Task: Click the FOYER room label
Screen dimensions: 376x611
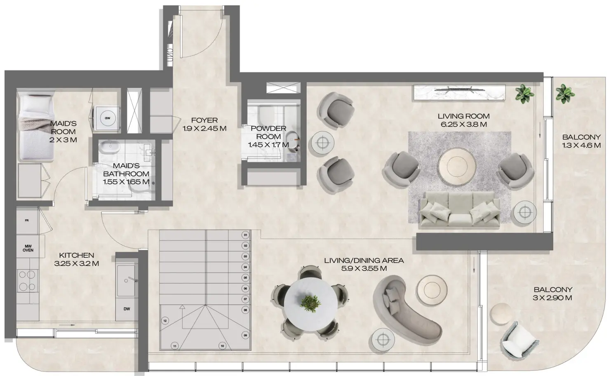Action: (204, 124)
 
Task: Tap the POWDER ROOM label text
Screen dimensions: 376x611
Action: (268, 136)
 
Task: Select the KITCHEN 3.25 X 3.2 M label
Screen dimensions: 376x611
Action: (76, 259)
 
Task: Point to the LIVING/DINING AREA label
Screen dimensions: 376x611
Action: (364, 264)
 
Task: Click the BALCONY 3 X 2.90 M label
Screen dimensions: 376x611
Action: (552, 294)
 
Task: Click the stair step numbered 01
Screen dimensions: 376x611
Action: (245, 235)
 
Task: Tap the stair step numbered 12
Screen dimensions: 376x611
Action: (165, 320)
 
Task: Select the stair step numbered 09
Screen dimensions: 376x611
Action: (245, 336)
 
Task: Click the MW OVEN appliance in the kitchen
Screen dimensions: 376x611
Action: (28, 248)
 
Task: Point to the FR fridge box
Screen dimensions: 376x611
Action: (27, 221)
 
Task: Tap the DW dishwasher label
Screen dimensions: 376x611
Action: (126, 309)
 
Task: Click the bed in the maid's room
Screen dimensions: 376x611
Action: (36, 126)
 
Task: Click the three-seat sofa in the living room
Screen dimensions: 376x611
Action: (460, 210)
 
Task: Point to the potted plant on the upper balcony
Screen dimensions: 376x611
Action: (564, 93)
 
